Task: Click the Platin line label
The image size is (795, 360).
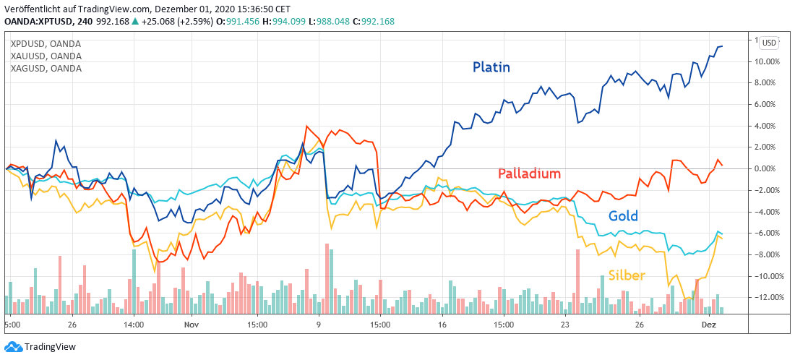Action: tap(491, 67)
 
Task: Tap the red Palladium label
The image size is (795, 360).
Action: tap(529, 173)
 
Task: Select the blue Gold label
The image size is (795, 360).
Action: tap(622, 216)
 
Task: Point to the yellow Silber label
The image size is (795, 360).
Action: tap(627, 275)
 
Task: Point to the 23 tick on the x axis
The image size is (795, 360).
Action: tap(567, 325)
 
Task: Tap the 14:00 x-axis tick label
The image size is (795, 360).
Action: tap(134, 325)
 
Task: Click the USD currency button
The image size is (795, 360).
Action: tap(769, 43)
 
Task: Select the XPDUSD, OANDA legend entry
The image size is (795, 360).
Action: tap(46, 44)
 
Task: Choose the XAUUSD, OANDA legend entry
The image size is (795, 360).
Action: tap(46, 56)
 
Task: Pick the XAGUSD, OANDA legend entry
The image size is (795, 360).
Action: tap(46, 69)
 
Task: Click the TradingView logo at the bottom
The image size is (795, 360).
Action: tap(41, 347)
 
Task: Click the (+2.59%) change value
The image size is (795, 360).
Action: tap(196, 21)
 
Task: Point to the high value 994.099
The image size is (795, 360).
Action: tap(285, 21)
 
